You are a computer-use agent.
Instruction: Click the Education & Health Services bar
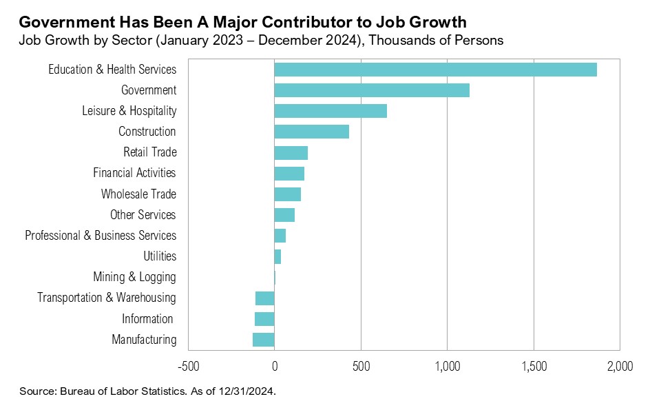(x=435, y=70)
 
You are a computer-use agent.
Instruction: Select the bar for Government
(x=372, y=90)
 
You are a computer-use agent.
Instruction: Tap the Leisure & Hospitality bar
(x=330, y=111)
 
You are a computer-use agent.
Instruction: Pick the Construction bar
(x=311, y=132)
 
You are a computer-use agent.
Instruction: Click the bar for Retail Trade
(x=291, y=152)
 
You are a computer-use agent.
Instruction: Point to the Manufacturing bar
(x=264, y=340)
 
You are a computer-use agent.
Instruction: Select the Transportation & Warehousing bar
(x=265, y=298)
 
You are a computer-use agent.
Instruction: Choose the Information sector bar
(x=264, y=319)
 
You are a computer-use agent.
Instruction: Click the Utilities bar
(x=277, y=256)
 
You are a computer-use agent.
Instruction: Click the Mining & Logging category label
(x=134, y=277)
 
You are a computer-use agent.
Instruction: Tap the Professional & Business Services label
(x=101, y=236)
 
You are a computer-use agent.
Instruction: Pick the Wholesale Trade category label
(x=138, y=194)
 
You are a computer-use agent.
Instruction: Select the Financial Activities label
(x=134, y=173)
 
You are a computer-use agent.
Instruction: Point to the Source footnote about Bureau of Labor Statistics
(x=148, y=391)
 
